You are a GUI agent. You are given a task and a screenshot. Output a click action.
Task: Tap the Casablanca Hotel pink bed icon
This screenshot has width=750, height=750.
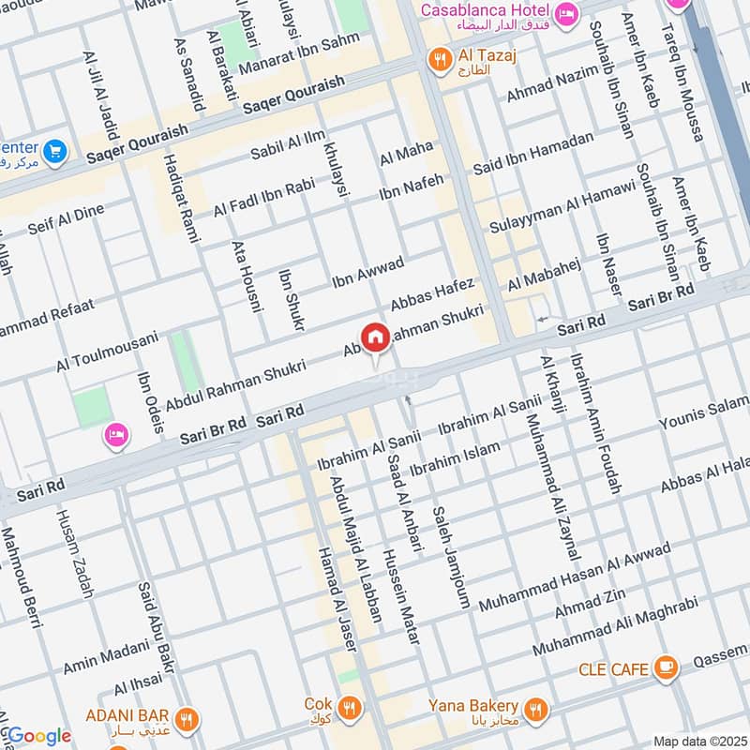(566, 13)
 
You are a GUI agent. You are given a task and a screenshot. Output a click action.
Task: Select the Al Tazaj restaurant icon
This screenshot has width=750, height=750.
(437, 61)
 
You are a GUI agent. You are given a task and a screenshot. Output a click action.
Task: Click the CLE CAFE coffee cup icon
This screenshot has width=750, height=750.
(667, 668)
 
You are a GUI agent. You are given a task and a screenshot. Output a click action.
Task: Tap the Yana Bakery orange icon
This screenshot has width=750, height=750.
(536, 707)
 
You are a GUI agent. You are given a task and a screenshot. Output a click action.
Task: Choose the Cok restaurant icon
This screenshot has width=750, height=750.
(349, 705)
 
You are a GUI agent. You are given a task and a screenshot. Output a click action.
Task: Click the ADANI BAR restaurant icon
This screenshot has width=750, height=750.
(187, 720)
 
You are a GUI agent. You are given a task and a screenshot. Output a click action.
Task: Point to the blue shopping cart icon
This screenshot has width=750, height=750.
(54, 151)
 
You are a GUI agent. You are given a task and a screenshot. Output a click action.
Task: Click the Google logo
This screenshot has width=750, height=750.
(37, 736)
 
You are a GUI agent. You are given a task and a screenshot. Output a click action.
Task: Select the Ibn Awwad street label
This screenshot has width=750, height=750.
(367, 271)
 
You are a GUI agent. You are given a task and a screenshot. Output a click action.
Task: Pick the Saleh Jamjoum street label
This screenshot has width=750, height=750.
(450, 558)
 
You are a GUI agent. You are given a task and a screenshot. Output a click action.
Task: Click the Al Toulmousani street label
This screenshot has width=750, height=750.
(107, 348)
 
